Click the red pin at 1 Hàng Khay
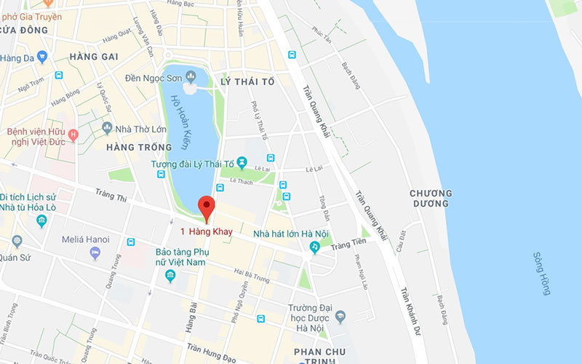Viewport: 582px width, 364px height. pos(206,207)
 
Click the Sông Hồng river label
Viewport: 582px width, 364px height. pos(542,273)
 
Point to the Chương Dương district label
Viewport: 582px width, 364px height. pos(430,198)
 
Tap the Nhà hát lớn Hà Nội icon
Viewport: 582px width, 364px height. pos(314,248)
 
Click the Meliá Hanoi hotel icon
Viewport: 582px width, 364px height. pos(95,253)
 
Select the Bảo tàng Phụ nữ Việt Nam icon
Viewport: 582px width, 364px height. pos(170,275)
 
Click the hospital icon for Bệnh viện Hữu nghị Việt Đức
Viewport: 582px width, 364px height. pos(73,135)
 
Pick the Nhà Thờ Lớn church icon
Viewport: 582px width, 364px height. pos(107,128)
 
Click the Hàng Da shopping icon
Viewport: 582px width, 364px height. pos(42,57)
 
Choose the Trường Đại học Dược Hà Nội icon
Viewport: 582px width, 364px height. pos(340,316)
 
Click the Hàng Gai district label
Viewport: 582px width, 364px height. pos(94,56)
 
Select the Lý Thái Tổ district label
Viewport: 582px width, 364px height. pos(247,82)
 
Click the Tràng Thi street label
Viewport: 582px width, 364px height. pos(111,197)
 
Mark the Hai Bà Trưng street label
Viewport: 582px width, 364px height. pos(251,276)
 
